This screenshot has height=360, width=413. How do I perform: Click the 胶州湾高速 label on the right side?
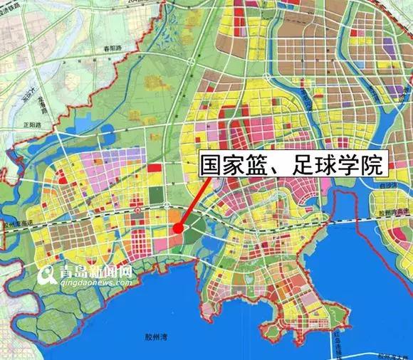(x=392, y=211)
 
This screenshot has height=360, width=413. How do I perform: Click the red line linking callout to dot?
(x=194, y=201)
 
